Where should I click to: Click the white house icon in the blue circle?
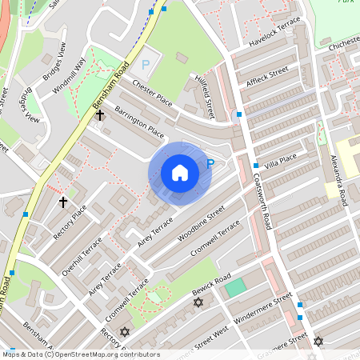pyautogui.click(x=179, y=173)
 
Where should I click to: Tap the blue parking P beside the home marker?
pyautogui.click(x=210, y=164)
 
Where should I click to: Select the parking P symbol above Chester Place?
pyautogui.click(x=146, y=64)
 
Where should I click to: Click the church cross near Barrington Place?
pyautogui.click(x=100, y=116)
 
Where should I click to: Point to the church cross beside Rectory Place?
pyautogui.click(x=63, y=202)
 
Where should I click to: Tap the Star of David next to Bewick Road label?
pyautogui.click(x=198, y=302)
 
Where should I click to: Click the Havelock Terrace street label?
pyautogui.click(x=274, y=31)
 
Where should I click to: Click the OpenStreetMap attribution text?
pyautogui.click(x=81, y=354)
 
